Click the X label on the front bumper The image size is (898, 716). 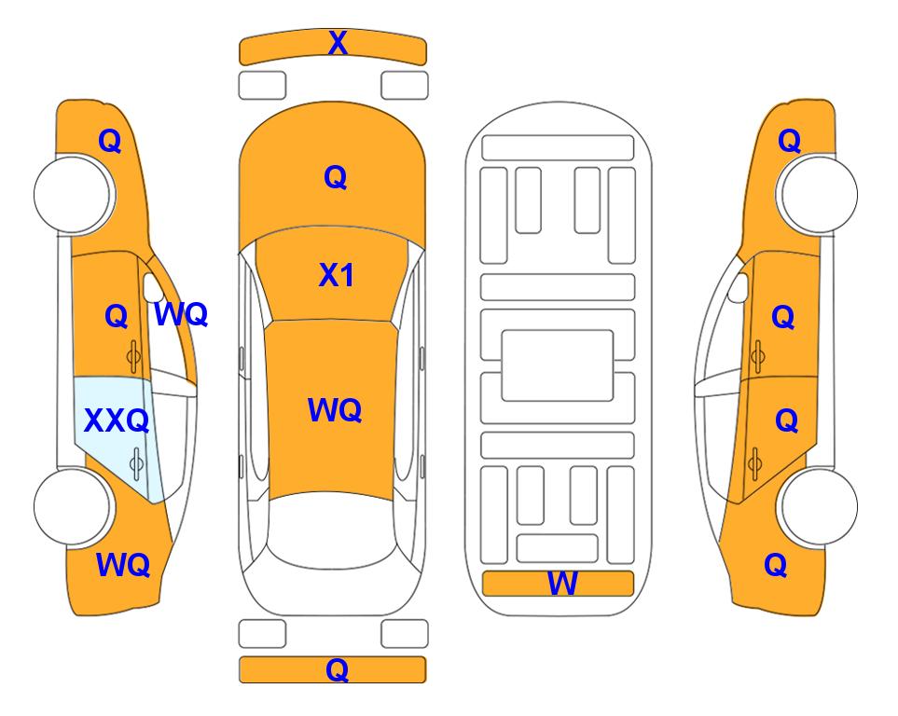pyautogui.click(x=338, y=43)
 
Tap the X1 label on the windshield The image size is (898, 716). pyautogui.click(x=337, y=275)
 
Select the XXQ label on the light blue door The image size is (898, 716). pyautogui.click(x=117, y=420)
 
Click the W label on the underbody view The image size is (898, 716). pyautogui.click(x=561, y=584)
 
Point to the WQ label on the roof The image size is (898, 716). pyautogui.click(x=335, y=410)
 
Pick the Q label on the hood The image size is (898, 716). pyautogui.click(x=336, y=177)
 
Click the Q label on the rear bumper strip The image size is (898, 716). pyautogui.click(x=338, y=669)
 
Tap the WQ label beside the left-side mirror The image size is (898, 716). pyautogui.click(x=181, y=314)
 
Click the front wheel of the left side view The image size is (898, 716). pyautogui.click(x=74, y=194)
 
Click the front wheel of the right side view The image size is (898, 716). pyautogui.click(x=817, y=194)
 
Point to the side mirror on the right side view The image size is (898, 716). pyautogui.click(x=739, y=288)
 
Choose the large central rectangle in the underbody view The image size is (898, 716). pyautogui.click(x=558, y=365)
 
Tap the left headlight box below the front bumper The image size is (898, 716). pyautogui.click(x=262, y=86)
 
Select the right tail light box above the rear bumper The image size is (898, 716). pyautogui.click(x=405, y=634)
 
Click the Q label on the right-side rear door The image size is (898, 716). pyautogui.click(x=786, y=421)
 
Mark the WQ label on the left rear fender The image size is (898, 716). pyautogui.click(x=123, y=565)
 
